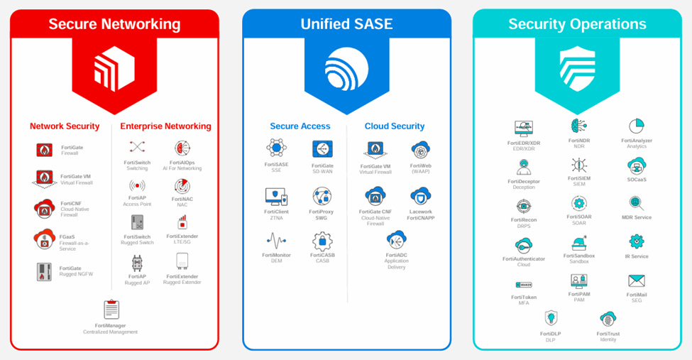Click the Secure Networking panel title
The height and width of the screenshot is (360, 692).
pyautogui.click(x=114, y=23)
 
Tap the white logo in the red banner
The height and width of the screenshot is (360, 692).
pyautogui.click(x=114, y=69)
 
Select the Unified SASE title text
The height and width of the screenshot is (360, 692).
pyautogui.click(x=346, y=23)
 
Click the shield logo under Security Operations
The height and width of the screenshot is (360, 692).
pyautogui.click(x=577, y=69)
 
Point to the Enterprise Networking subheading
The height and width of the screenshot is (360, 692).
pyautogui.click(x=165, y=126)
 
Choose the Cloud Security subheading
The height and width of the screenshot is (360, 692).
pyautogui.click(x=395, y=126)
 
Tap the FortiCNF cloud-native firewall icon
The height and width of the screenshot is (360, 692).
pyautogui.click(x=45, y=208)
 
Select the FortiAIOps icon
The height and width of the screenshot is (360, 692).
pyautogui.click(x=182, y=148)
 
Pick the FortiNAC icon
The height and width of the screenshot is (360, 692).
pyautogui.click(x=182, y=186)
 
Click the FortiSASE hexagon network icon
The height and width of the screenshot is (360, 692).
pyautogui.click(x=276, y=148)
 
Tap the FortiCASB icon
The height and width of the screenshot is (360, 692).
pyautogui.click(x=322, y=241)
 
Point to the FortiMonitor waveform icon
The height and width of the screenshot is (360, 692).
pyautogui.click(x=276, y=240)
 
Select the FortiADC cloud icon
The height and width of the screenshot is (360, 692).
pyautogui.click(x=396, y=239)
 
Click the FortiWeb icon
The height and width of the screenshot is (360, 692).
pyautogui.click(x=420, y=151)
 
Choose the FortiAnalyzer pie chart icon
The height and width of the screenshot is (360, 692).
pyautogui.click(x=637, y=126)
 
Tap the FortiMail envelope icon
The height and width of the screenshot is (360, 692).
pyautogui.click(x=637, y=281)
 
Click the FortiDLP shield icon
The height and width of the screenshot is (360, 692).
pyautogui.click(x=551, y=317)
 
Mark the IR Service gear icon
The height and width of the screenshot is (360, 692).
pyautogui.click(x=637, y=241)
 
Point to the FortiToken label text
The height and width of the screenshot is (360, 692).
pyautogui.click(x=524, y=297)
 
